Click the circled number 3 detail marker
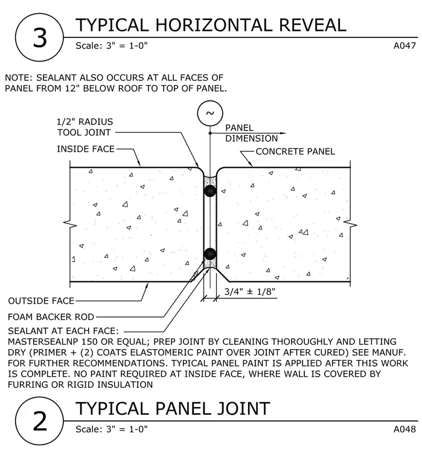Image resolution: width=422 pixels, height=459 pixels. click(x=39, y=37)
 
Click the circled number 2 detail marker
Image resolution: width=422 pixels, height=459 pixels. click(x=39, y=421)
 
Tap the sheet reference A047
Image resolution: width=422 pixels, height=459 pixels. click(x=404, y=46)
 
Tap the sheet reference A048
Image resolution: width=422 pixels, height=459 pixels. click(x=404, y=429)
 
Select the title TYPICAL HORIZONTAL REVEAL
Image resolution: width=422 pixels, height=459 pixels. click(x=211, y=25)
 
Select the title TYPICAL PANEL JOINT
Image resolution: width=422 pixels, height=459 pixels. click(x=173, y=408)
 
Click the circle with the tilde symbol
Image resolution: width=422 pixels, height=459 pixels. click(x=210, y=114)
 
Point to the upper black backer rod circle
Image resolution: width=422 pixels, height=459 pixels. click(x=210, y=191)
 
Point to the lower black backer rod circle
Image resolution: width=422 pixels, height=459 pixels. click(x=210, y=254)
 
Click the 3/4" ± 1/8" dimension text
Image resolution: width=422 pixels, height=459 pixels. click(x=250, y=292)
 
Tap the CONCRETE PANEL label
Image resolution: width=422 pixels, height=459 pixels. click(x=295, y=152)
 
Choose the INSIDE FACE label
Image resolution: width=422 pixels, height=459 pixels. click(x=86, y=149)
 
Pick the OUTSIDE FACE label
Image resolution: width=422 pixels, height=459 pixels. click(x=41, y=301)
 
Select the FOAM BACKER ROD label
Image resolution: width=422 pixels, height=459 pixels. click(x=51, y=316)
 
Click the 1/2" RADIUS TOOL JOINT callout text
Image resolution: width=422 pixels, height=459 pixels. click(x=85, y=127)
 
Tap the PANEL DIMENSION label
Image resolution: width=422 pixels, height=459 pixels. click(x=251, y=133)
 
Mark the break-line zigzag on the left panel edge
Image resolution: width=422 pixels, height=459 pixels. click(x=70, y=225)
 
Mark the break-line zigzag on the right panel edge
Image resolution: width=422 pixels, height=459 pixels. click(x=350, y=225)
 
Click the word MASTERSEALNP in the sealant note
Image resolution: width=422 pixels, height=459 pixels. click(x=43, y=342)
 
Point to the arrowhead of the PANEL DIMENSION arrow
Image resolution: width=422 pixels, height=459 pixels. click(x=283, y=133)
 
